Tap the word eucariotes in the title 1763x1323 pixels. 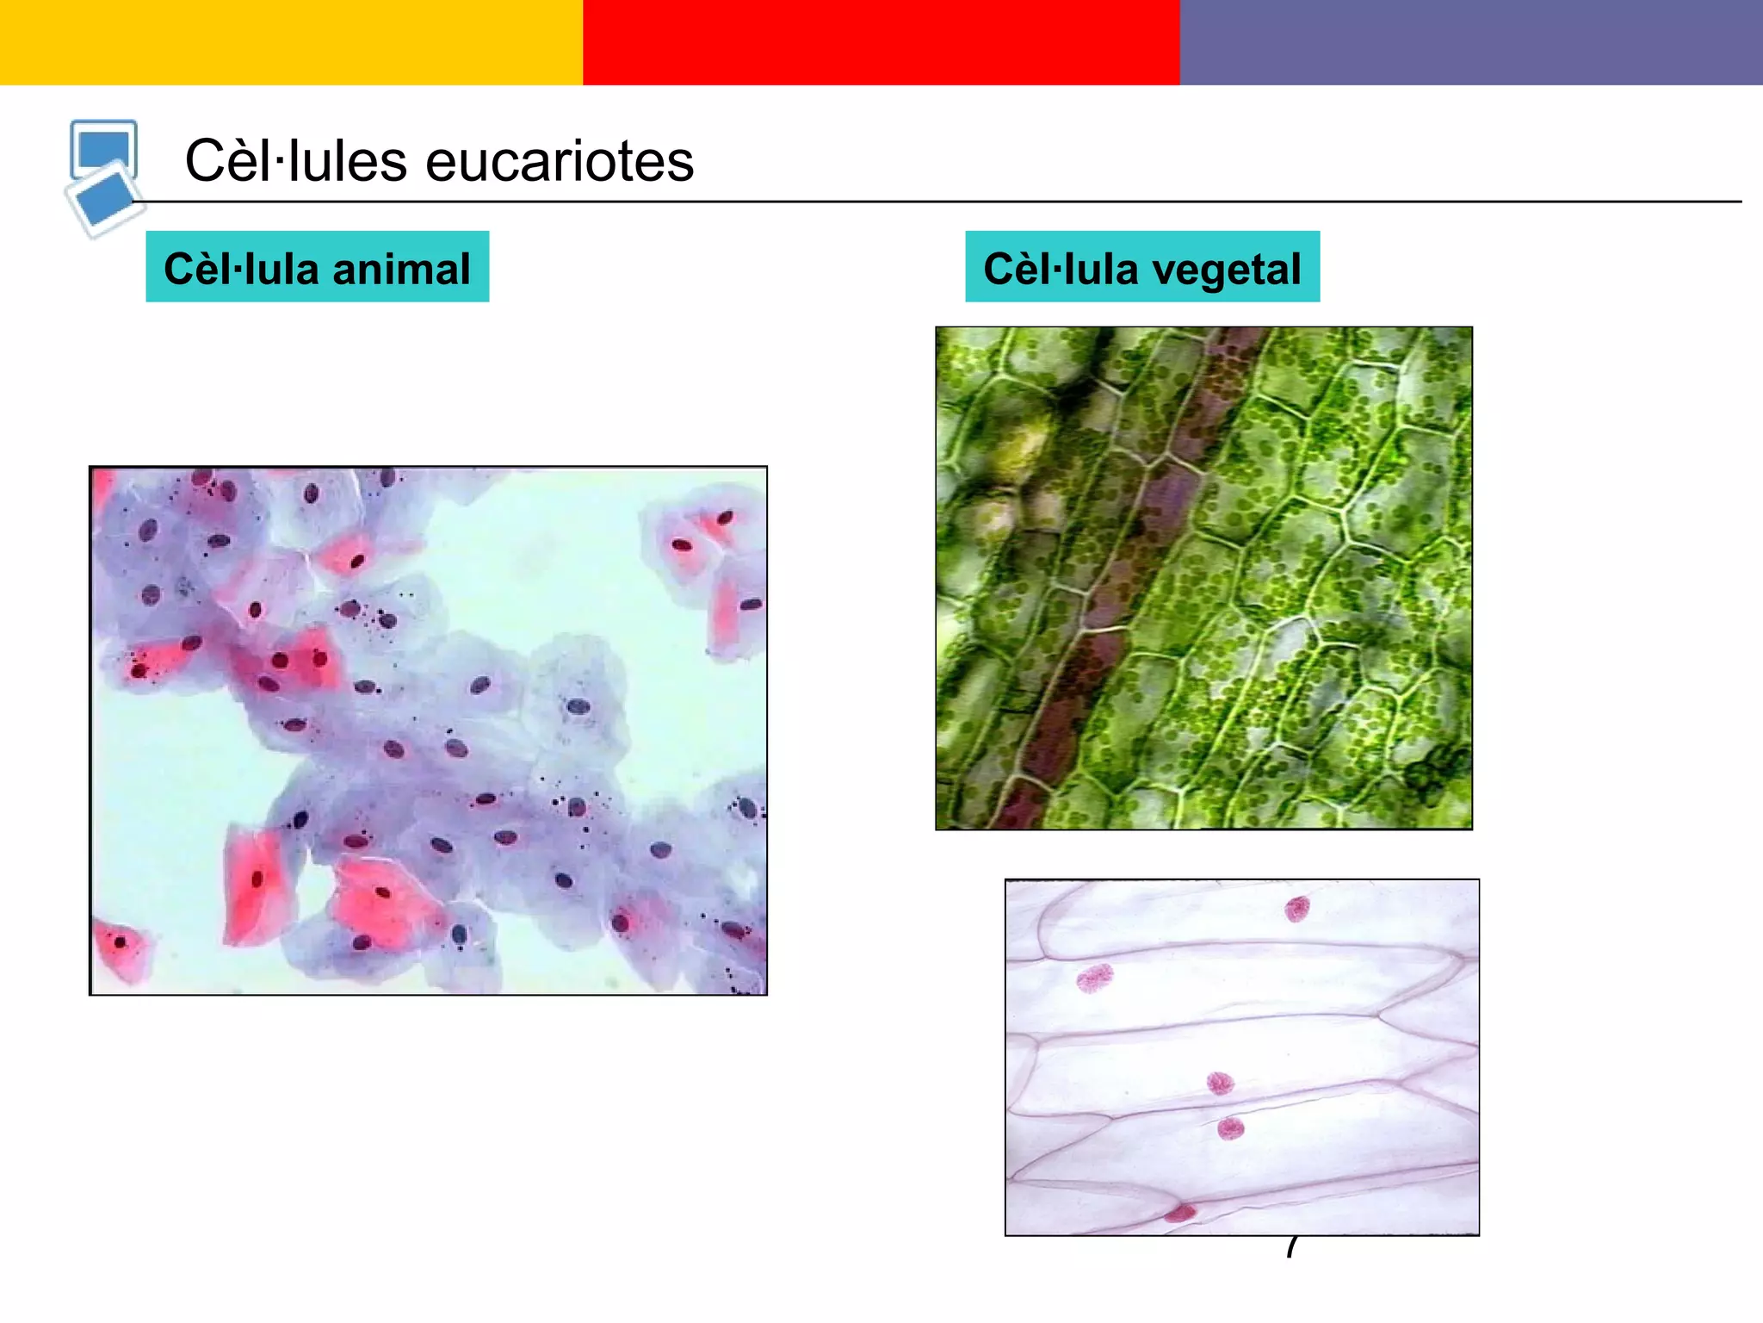[x=560, y=161]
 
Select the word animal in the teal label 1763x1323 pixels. [x=401, y=269]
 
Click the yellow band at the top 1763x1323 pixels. [x=291, y=42]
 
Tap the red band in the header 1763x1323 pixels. [x=881, y=42]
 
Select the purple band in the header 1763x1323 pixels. [x=1471, y=42]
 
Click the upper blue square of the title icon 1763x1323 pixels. [x=103, y=146]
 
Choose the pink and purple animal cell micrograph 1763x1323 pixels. [x=428, y=730]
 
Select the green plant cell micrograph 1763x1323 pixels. [x=1203, y=577]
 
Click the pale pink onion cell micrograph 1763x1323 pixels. [x=1241, y=1057]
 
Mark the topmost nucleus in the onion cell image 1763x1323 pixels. [x=1296, y=909]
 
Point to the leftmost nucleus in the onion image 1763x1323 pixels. [x=1095, y=978]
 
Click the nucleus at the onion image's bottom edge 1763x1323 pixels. [x=1180, y=1214]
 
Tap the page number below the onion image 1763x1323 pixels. [x=1291, y=1247]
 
